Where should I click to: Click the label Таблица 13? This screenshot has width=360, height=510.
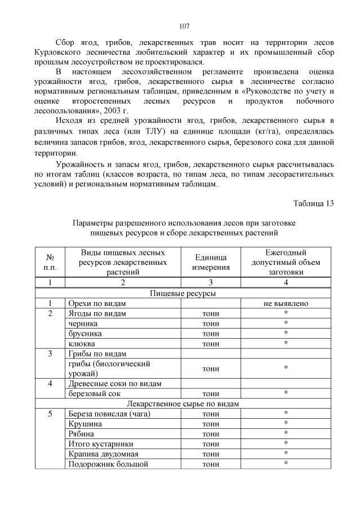point(314,202)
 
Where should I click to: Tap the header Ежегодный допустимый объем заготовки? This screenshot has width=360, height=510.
point(286,261)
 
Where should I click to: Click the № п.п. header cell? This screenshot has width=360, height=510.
point(50,261)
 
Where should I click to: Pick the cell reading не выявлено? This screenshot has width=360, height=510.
point(286,303)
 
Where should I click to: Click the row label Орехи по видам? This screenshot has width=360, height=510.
point(94,303)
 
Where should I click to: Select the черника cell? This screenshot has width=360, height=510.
point(82,323)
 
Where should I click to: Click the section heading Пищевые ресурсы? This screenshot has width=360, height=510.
point(183,293)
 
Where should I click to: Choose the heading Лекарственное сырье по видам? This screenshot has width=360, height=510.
point(183,403)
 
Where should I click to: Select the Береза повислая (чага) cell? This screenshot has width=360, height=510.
point(106,414)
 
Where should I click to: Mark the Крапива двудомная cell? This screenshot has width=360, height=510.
point(103,454)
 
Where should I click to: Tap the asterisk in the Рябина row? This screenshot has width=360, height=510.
point(286,434)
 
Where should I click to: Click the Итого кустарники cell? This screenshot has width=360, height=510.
point(100,444)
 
